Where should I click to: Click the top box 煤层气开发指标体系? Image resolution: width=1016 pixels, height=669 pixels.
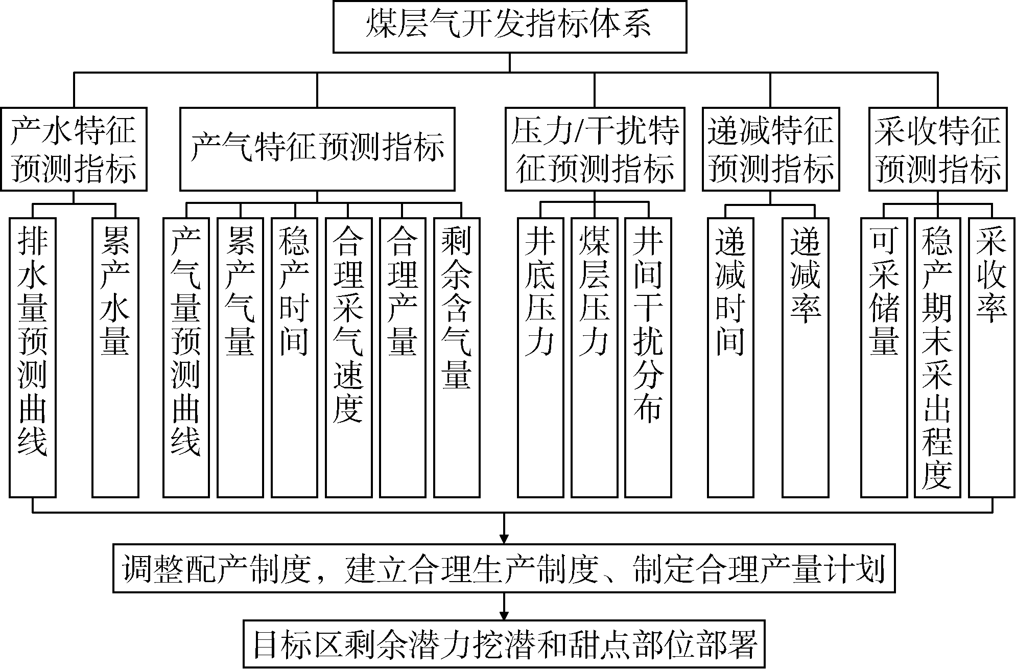coord(510,27)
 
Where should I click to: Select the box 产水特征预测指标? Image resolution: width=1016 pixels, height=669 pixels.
coord(74,149)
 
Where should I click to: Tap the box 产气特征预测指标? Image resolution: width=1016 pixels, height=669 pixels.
coord(317,149)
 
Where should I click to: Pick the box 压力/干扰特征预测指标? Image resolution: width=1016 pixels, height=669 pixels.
coord(595,149)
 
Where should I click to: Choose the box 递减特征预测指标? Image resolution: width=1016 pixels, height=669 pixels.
coord(771,149)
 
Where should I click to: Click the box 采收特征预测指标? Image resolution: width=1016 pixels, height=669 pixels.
coord(938,149)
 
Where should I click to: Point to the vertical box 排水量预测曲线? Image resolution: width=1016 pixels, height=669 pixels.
coord(33,357)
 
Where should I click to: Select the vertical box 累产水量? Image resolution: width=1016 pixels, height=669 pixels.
coord(115,357)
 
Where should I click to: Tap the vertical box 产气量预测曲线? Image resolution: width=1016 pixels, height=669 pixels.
coord(186,357)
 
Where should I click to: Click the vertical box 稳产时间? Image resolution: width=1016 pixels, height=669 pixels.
coord(294,357)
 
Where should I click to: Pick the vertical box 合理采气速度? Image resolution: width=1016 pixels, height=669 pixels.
coord(348,357)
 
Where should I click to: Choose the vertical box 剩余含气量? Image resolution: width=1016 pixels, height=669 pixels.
coord(457,357)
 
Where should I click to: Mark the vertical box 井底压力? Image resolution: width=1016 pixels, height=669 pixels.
coord(540,357)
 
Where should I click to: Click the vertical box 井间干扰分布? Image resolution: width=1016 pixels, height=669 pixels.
coord(648,357)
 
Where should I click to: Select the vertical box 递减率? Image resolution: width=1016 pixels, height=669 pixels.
coord(806,357)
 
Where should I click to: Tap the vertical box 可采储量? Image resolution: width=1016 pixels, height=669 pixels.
coord(884,357)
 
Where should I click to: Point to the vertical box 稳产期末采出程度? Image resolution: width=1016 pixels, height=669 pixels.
coord(938,357)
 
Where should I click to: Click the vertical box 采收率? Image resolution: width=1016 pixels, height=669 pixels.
coord(991,357)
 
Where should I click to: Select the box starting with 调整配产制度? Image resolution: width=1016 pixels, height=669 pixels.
coord(504,569)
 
